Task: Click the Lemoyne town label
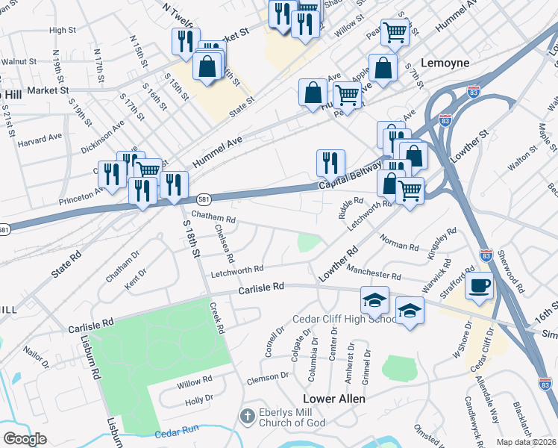pos(445,63)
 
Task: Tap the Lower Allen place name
pos(333,399)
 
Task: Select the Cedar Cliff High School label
pos(345,320)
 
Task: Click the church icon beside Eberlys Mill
pos(248,415)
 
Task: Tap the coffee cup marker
pos(479,285)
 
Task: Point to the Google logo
pos(25,439)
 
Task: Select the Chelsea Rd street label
pos(225,243)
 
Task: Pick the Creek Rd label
pos(218,317)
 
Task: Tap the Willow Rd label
pos(195,385)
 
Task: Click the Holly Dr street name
pos(199,399)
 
